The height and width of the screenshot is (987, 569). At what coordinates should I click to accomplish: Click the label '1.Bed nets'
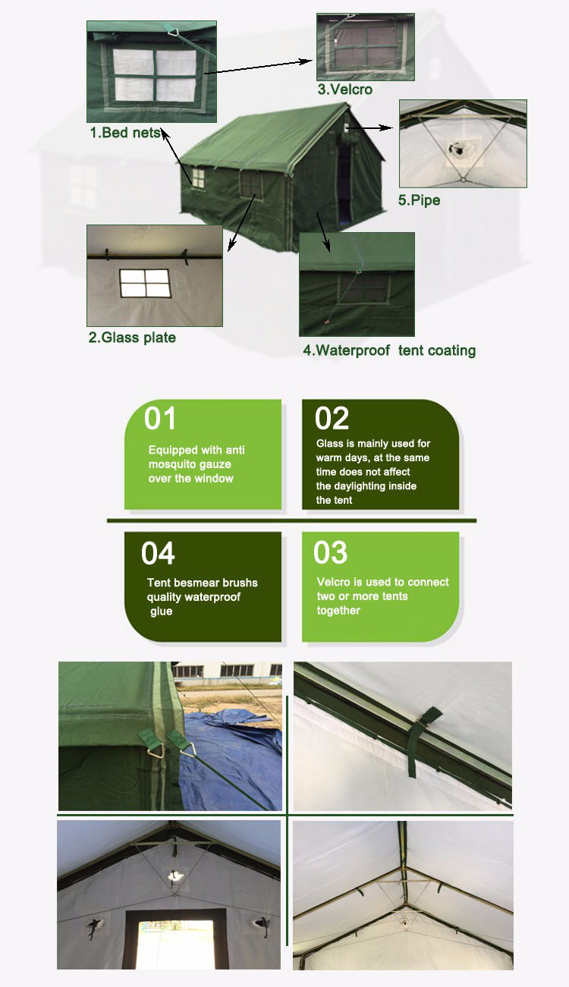[x=125, y=133]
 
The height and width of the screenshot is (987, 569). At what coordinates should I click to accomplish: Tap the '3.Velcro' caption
[x=344, y=90]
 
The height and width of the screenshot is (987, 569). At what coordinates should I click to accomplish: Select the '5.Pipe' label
[x=419, y=201]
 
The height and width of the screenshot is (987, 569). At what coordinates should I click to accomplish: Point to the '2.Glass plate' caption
[x=132, y=338]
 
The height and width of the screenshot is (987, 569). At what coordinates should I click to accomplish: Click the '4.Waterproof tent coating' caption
[x=389, y=350]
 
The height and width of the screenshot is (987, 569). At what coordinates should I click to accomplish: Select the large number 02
[x=332, y=419]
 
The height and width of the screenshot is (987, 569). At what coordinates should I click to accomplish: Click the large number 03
[x=330, y=553]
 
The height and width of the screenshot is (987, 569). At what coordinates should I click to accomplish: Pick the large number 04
[x=158, y=554]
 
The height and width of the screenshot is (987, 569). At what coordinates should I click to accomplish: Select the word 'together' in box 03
[x=338, y=611]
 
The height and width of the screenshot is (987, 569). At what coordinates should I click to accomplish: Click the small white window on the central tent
[x=197, y=178]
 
